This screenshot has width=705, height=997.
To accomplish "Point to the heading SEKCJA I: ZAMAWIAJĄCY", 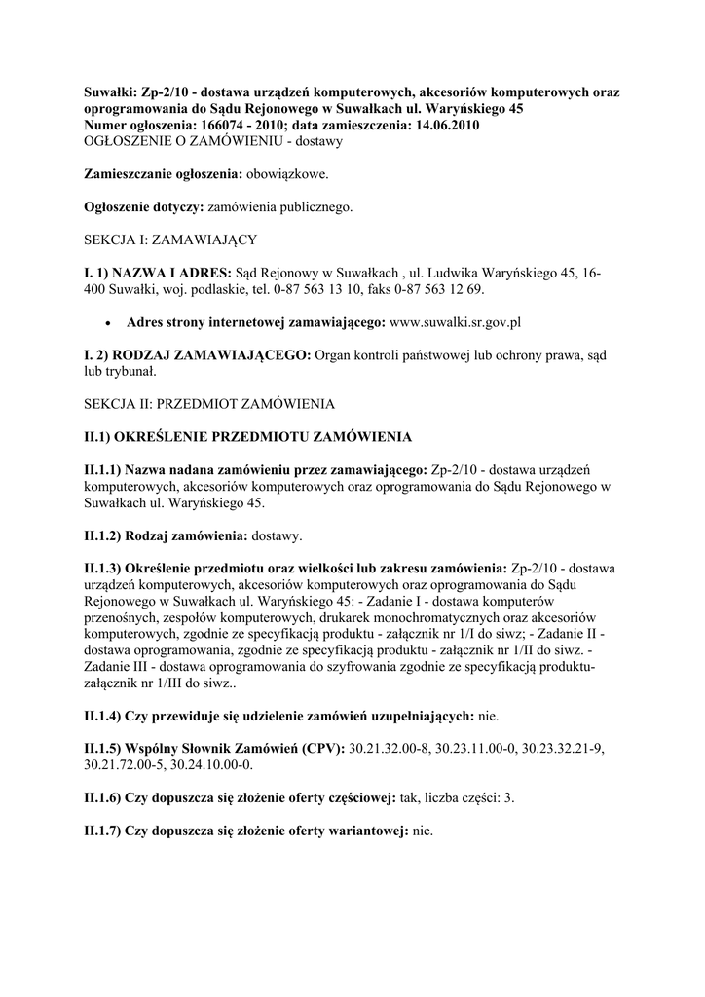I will pyautogui.click(x=170, y=239).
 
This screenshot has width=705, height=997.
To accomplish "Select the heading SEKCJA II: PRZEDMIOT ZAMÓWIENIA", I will pyautogui.click(x=209, y=402).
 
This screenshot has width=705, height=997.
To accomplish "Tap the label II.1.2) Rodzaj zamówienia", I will pyautogui.click(x=167, y=535).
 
